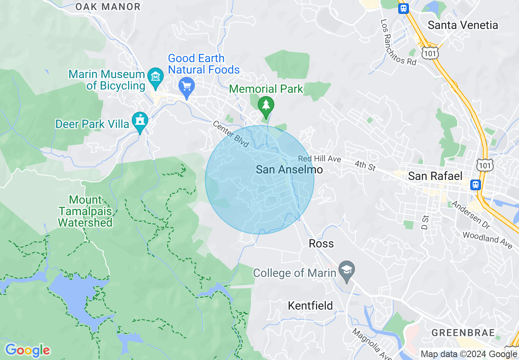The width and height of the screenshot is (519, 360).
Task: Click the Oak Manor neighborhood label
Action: pos(108,7)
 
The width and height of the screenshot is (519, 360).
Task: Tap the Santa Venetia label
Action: pos(463,25)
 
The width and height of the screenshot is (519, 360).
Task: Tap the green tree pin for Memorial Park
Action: pos(266,106)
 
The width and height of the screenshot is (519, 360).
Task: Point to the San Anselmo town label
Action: pos(289,169)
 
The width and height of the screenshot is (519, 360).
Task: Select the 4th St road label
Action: pos(365,165)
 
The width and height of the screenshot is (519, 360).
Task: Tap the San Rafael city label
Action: pos(436,176)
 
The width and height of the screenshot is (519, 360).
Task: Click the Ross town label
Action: pos(321,243)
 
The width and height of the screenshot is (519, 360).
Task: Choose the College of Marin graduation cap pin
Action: pos(347,271)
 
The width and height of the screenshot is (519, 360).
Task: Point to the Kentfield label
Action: pos(310,306)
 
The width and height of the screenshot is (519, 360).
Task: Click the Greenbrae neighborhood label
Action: pos(463,333)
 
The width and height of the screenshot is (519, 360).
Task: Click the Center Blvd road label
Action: pos(231,134)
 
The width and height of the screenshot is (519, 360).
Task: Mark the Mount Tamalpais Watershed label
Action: pos(85,211)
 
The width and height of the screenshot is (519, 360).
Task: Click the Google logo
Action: pos(27,350)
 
